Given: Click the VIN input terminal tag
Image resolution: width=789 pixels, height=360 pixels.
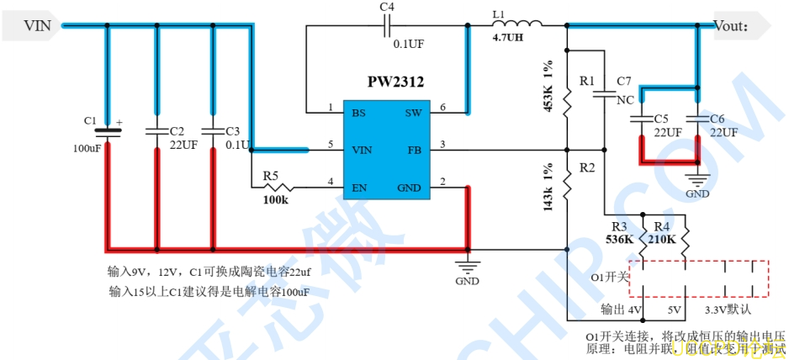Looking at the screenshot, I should (x=37, y=27).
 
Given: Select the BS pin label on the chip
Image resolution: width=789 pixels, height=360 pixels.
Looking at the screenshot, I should (x=359, y=113).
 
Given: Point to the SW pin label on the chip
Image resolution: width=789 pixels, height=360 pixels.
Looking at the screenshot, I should (x=413, y=113).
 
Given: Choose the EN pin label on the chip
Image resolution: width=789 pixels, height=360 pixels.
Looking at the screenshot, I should (x=359, y=187).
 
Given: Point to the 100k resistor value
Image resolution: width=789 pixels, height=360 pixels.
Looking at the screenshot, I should (x=276, y=201).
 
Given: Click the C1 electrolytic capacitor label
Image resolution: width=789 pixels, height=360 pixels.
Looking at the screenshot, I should (x=91, y=121).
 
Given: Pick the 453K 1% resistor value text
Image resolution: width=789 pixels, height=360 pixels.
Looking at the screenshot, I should (x=548, y=87).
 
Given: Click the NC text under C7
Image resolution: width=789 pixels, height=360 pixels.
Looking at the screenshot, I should (x=625, y=99).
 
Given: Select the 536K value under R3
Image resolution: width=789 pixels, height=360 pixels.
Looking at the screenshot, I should (x=620, y=240).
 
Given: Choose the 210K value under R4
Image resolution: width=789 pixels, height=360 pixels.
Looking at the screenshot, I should (x=663, y=240).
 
